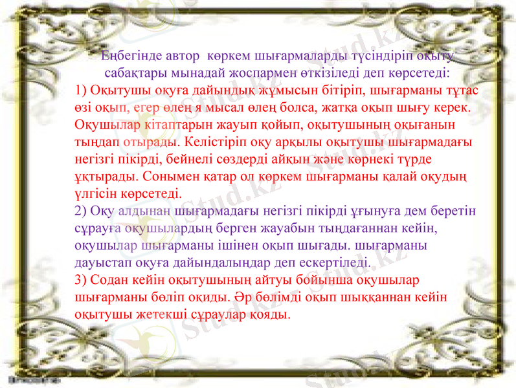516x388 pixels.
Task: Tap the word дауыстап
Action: coord(103,263)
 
